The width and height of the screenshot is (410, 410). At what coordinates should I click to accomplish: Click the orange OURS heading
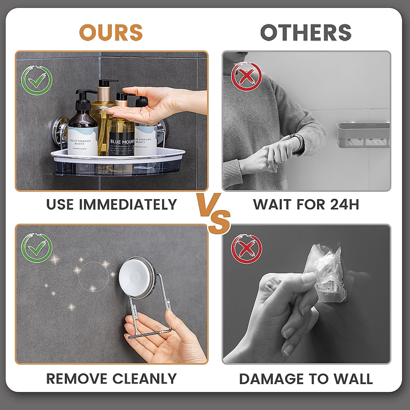tap(111, 32)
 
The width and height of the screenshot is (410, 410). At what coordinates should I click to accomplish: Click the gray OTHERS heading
tap(306, 32)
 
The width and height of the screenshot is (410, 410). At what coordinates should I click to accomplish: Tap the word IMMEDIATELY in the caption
tap(128, 204)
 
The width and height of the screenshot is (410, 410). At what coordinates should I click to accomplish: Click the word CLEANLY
tap(145, 379)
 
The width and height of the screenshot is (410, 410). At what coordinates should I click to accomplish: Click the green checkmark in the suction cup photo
tap(37, 248)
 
